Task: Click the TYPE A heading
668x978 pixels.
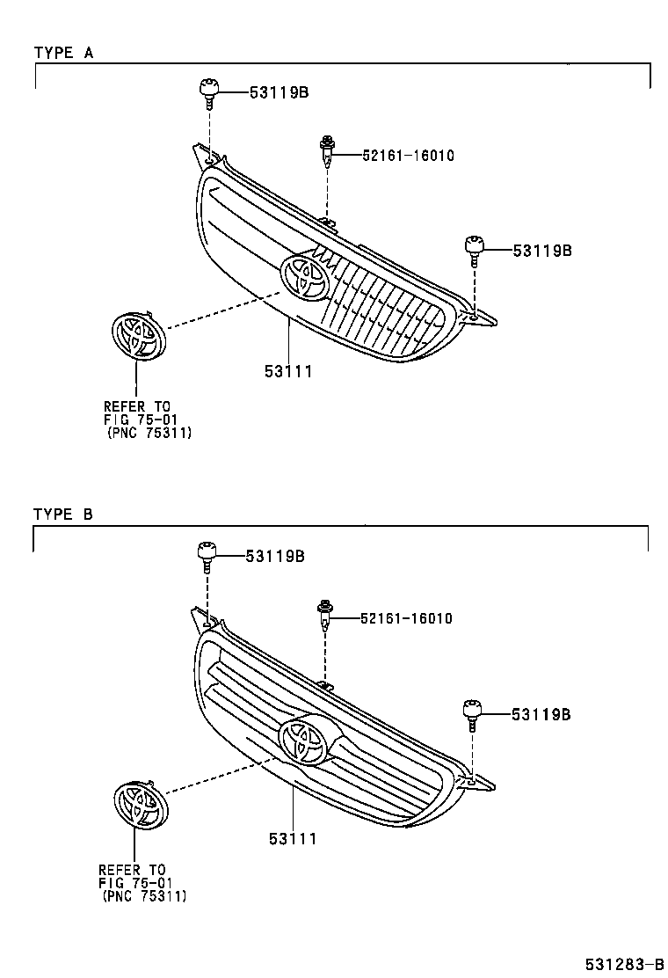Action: (x=63, y=53)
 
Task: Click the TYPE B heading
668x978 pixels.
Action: (x=63, y=515)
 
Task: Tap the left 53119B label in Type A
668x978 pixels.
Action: (x=280, y=92)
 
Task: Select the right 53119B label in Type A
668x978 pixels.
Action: (x=542, y=251)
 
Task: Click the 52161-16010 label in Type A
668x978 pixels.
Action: (x=408, y=156)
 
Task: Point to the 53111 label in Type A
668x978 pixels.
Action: (x=288, y=372)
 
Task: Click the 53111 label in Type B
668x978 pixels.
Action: (x=293, y=840)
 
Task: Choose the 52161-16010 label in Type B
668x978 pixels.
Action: (x=406, y=619)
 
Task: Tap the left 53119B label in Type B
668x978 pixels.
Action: (x=275, y=557)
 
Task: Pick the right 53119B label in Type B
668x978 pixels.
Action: (x=541, y=715)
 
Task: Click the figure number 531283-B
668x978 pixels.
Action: (x=624, y=965)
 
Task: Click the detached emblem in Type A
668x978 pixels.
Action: (x=138, y=336)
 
